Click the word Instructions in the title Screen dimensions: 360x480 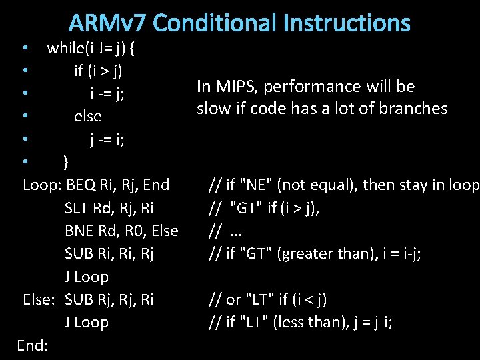coord(347,23)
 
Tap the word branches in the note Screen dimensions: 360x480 coord(414,109)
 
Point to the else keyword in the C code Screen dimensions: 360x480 coord(88,116)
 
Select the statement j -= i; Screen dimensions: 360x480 coord(107,139)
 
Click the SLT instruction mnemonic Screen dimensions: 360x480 coord(78,208)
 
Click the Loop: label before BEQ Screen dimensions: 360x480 coord(42,185)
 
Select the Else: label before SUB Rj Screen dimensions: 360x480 coord(41,299)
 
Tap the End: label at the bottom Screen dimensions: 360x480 coord(31,345)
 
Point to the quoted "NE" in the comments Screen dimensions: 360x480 coord(255,185)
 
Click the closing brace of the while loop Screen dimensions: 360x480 coord(66,162)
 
